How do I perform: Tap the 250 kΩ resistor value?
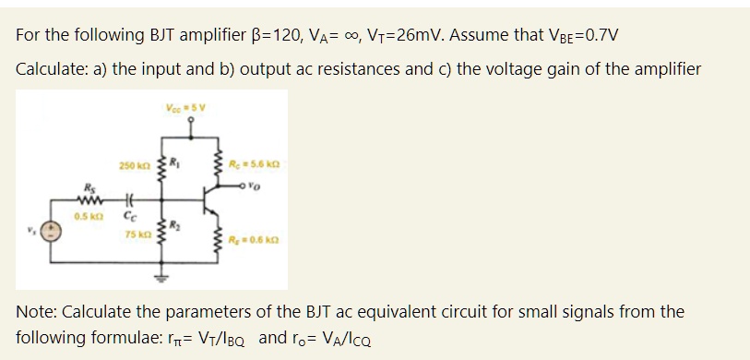[x=133, y=165]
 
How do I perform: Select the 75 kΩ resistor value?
[x=136, y=233]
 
